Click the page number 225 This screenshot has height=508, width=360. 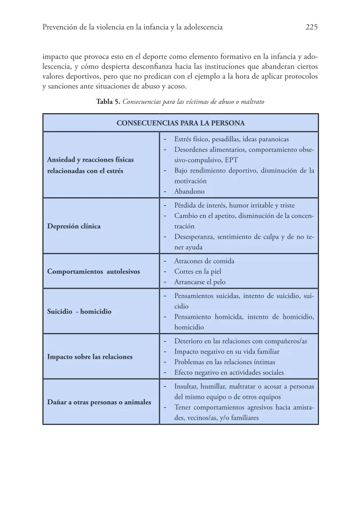click(x=311, y=28)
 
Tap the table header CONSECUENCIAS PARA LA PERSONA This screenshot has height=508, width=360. click(x=180, y=123)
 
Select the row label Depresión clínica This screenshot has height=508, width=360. click(x=74, y=226)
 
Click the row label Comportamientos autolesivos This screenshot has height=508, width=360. click(x=93, y=271)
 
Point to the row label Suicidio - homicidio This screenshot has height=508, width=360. click(x=79, y=312)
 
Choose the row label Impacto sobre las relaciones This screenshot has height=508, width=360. click(x=90, y=356)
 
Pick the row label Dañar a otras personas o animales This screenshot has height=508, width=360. click(x=99, y=402)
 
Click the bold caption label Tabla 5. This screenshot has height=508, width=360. click(x=107, y=102)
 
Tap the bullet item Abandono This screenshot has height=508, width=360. click(x=189, y=191)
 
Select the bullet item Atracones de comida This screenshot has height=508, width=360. click(x=204, y=261)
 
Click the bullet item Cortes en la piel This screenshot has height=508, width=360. click(x=197, y=271)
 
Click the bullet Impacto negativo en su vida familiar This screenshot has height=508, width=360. click(x=227, y=351)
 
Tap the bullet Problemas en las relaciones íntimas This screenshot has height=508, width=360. click(x=225, y=362)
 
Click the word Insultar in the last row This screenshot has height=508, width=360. click(x=186, y=386)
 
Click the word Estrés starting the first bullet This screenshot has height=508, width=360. click(x=183, y=139)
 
